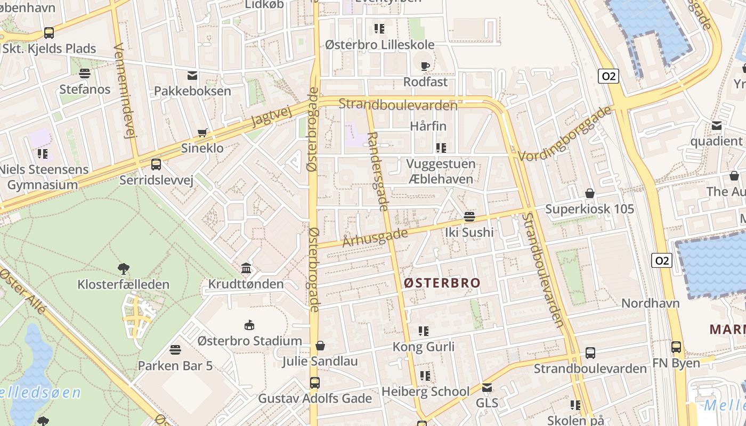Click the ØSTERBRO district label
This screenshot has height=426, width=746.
[442, 283]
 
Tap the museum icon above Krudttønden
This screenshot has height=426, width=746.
[246, 268]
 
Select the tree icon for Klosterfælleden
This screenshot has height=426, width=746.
[124, 268]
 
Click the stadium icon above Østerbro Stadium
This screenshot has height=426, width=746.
[249, 325]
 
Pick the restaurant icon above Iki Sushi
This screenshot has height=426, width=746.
[469, 217]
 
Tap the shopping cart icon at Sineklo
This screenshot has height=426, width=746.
[202, 133]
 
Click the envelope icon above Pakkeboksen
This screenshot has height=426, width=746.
[192, 76]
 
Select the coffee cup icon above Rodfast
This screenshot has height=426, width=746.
[425, 67]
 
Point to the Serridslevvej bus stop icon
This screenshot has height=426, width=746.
[156, 165]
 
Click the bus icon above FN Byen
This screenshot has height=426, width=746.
[676, 347]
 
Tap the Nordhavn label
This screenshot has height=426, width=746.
[651, 304]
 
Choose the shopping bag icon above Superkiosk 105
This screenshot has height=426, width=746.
[590, 193]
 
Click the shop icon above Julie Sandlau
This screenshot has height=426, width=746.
[320, 346]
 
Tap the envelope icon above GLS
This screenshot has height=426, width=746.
[487, 387]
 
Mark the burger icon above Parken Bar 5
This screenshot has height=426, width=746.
[175, 350]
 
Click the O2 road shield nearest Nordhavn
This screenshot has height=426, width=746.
[661, 260]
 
